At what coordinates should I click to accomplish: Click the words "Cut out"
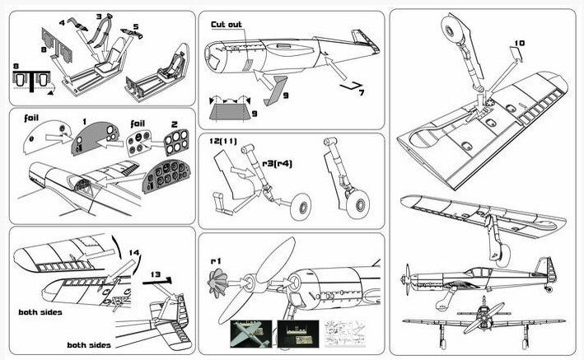coord(227,25)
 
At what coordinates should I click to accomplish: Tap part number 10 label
coord(520,43)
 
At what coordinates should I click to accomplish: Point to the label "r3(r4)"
coord(277,164)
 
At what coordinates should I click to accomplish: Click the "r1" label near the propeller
coord(216,261)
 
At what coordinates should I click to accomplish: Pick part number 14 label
coord(134,253)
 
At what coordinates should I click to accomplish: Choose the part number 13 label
coord(156,274)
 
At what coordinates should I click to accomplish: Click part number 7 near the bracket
coord(361,92)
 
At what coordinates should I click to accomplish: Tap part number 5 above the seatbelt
coord(136,27)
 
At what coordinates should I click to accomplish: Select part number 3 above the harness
coord(99,16)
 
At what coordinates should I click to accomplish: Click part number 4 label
coord(62,23)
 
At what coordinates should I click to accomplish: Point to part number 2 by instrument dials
coord(175,124)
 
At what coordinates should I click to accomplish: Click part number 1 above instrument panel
coord(85,121)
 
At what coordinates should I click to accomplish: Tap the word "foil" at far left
coord(31,118)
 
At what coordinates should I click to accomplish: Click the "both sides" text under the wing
coord(40,312)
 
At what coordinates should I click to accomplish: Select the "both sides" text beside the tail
coord(89,345)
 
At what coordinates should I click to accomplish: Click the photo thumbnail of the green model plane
coord(251,334)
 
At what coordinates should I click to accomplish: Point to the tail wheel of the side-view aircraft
coord(549,288)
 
